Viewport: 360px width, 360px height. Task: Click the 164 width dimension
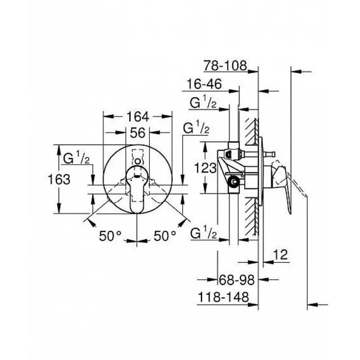pyautogui.click(x=138, y=117)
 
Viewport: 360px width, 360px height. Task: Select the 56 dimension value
pyautogui.click(x=138, y=133)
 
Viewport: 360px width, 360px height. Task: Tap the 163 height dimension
pyautogui.click(x=59, y=179)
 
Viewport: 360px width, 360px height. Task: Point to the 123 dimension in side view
pyautogui.click(x=205, y=168)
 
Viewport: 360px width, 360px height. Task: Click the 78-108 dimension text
pyautogui.click(x=225, y=66)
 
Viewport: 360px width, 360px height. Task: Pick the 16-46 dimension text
pyautogui.click(x=204, y=84)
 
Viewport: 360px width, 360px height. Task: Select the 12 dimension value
pyautogui.click(x=280, y=254)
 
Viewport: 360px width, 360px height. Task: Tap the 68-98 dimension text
pyautogui.click(x=237, y=279)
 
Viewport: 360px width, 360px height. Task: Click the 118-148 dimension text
pyautogui.click(x=223, y=297)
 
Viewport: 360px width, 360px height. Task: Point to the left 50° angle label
pyautogui.click(x=110, y=236)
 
